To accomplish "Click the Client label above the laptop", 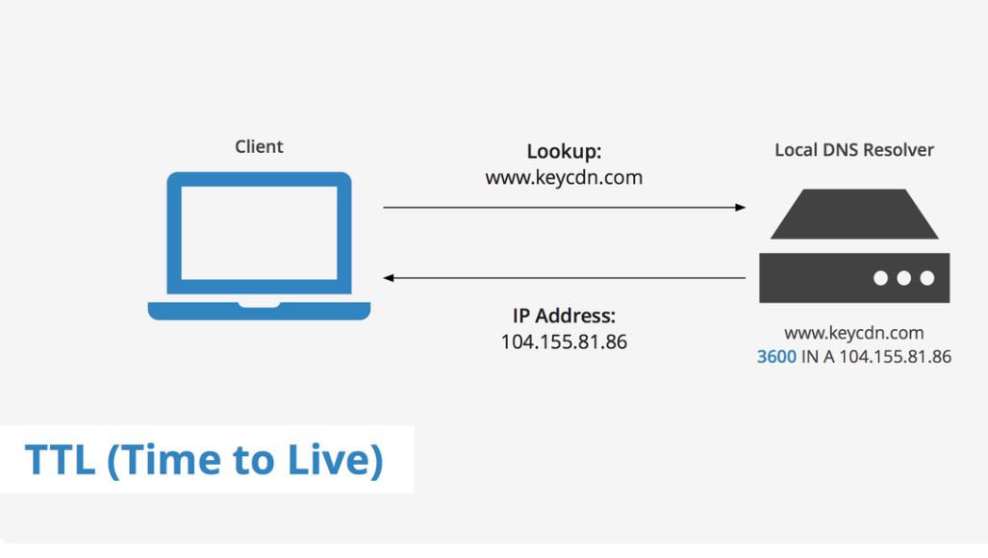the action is pos(259,147).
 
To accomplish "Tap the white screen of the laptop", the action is pos(259,233).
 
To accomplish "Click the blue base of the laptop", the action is pos(259,311).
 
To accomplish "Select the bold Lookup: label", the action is pos(564,152).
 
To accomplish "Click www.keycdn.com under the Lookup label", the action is pos(564,178).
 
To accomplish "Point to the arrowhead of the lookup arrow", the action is pos(741,207).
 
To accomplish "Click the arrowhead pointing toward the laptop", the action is pos(389,278).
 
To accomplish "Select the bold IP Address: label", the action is pos(564,316).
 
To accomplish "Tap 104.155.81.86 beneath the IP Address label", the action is pos(564,342).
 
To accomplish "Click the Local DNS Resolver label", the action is pos(853,150).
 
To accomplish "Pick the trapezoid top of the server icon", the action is pos(854,215).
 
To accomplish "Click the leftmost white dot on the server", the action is pos(881,278).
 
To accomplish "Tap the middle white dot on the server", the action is pos(904,278).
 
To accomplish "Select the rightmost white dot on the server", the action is pos(927,278).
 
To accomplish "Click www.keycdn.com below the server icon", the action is pos(853,333).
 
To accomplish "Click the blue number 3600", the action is pos(776,357).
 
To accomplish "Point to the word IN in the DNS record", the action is pos(810,357).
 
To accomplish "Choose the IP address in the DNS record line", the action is pos(896,357).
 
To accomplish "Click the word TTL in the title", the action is pos(60,459).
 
